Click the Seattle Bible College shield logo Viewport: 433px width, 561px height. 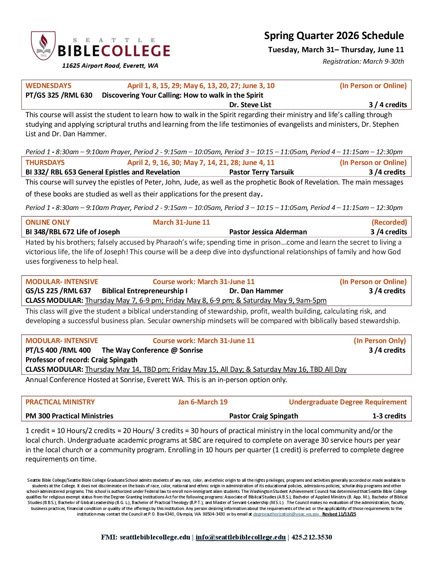point(43,46)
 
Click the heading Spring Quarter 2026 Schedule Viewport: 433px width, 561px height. point(334,36)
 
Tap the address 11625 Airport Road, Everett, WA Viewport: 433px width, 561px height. point(110,66)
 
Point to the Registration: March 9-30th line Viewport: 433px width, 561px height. point(363,61)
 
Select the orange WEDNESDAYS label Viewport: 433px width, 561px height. point(49,86)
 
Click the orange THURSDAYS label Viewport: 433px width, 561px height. point(45,163)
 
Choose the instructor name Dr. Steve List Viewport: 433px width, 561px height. point(250,105)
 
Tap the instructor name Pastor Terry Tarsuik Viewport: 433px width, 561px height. point(261,172)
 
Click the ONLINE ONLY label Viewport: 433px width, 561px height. point(47,222)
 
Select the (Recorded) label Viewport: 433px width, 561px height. point(389,222)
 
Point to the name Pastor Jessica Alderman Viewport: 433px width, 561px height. point(268,232)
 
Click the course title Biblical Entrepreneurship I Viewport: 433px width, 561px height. point(144,291)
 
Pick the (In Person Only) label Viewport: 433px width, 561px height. point(380,341)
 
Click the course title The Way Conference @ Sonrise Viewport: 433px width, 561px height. point(152,350)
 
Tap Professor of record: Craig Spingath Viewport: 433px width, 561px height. point(81,360)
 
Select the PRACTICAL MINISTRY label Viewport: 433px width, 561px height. point(60,402)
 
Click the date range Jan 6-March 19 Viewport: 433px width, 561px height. point(203,402)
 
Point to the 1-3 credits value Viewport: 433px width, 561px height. point(389,416)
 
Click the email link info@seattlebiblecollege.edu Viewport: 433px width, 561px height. point(240,537)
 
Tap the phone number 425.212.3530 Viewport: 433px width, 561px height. point(312,537)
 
